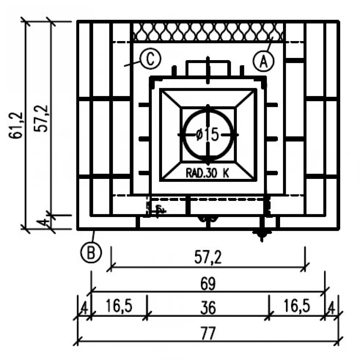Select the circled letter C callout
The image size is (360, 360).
(150, 59)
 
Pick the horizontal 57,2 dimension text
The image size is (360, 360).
(208, 258)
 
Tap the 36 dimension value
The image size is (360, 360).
(208, 308)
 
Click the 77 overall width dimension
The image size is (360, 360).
(208, 334)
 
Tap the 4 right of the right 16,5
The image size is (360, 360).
(332, 308)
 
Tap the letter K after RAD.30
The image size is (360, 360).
(225, 173)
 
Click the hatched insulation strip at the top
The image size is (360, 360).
(208, 32)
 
